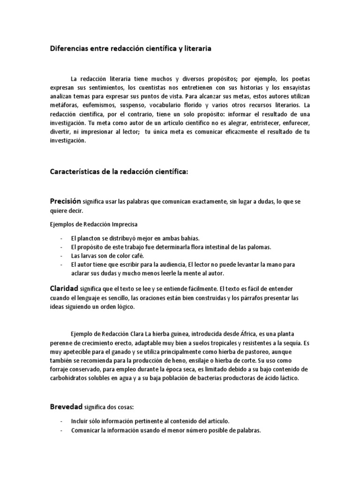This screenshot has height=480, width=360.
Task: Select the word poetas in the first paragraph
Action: [x=298, y=79]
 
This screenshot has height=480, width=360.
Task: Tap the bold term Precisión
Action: [x=66, y=201]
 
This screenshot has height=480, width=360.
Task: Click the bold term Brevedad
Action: [x=66, y=406]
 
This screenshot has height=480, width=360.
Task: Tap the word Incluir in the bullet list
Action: [x=80, y=421]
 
